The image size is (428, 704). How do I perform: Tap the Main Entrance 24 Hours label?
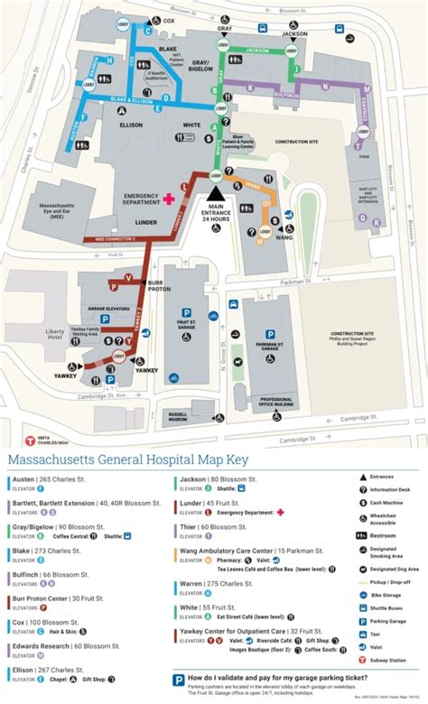[x=216, y=211]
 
